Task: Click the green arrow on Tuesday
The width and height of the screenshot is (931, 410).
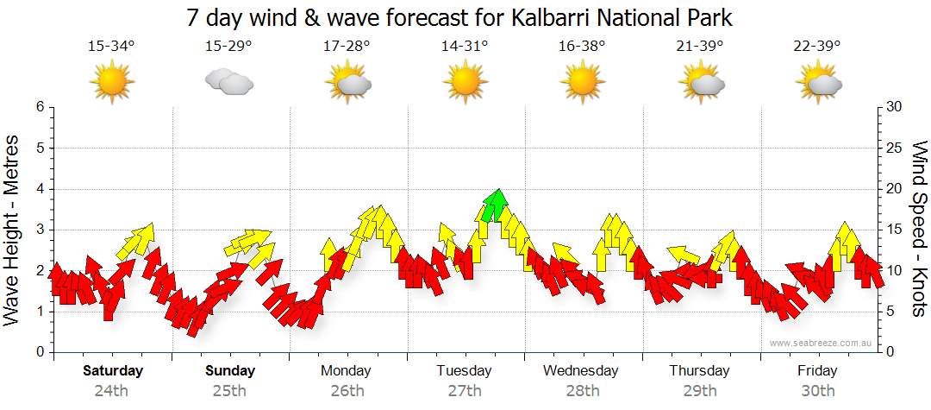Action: click(x=494, y=205)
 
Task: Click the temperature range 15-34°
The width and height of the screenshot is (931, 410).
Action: click(x=111, y=47)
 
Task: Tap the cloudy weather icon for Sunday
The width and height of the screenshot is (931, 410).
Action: click(x=228, y=82)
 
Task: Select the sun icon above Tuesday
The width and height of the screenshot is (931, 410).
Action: click(x=465, y=82)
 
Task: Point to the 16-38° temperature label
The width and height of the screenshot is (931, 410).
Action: click(x=583, y=47)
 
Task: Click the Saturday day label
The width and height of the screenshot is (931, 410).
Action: click(x=112, y=371)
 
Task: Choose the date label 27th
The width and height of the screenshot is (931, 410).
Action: click(x=465, y=390)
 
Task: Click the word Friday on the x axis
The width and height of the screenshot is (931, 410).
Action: click(x=817, y=371)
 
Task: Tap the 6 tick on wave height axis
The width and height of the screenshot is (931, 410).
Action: click(x=39, y=107)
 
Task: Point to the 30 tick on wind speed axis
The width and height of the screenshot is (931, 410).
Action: click(x=896, y=107)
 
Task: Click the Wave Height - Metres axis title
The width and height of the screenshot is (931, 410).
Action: click(x=14, y=230)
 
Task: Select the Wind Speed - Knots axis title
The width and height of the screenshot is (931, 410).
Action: click(x=918, y=230)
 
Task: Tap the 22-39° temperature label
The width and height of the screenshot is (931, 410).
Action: click(x=818, y=47)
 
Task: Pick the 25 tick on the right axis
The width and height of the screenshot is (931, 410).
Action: click(x=896, y=148)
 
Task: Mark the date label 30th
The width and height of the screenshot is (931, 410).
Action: click(x=817, y=390)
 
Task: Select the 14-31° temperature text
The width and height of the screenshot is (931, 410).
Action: click(x=465, y=47)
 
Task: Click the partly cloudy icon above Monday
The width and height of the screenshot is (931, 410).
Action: click(x=347, y=82)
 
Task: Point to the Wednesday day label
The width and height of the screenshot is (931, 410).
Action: click(x=581, y=371)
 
